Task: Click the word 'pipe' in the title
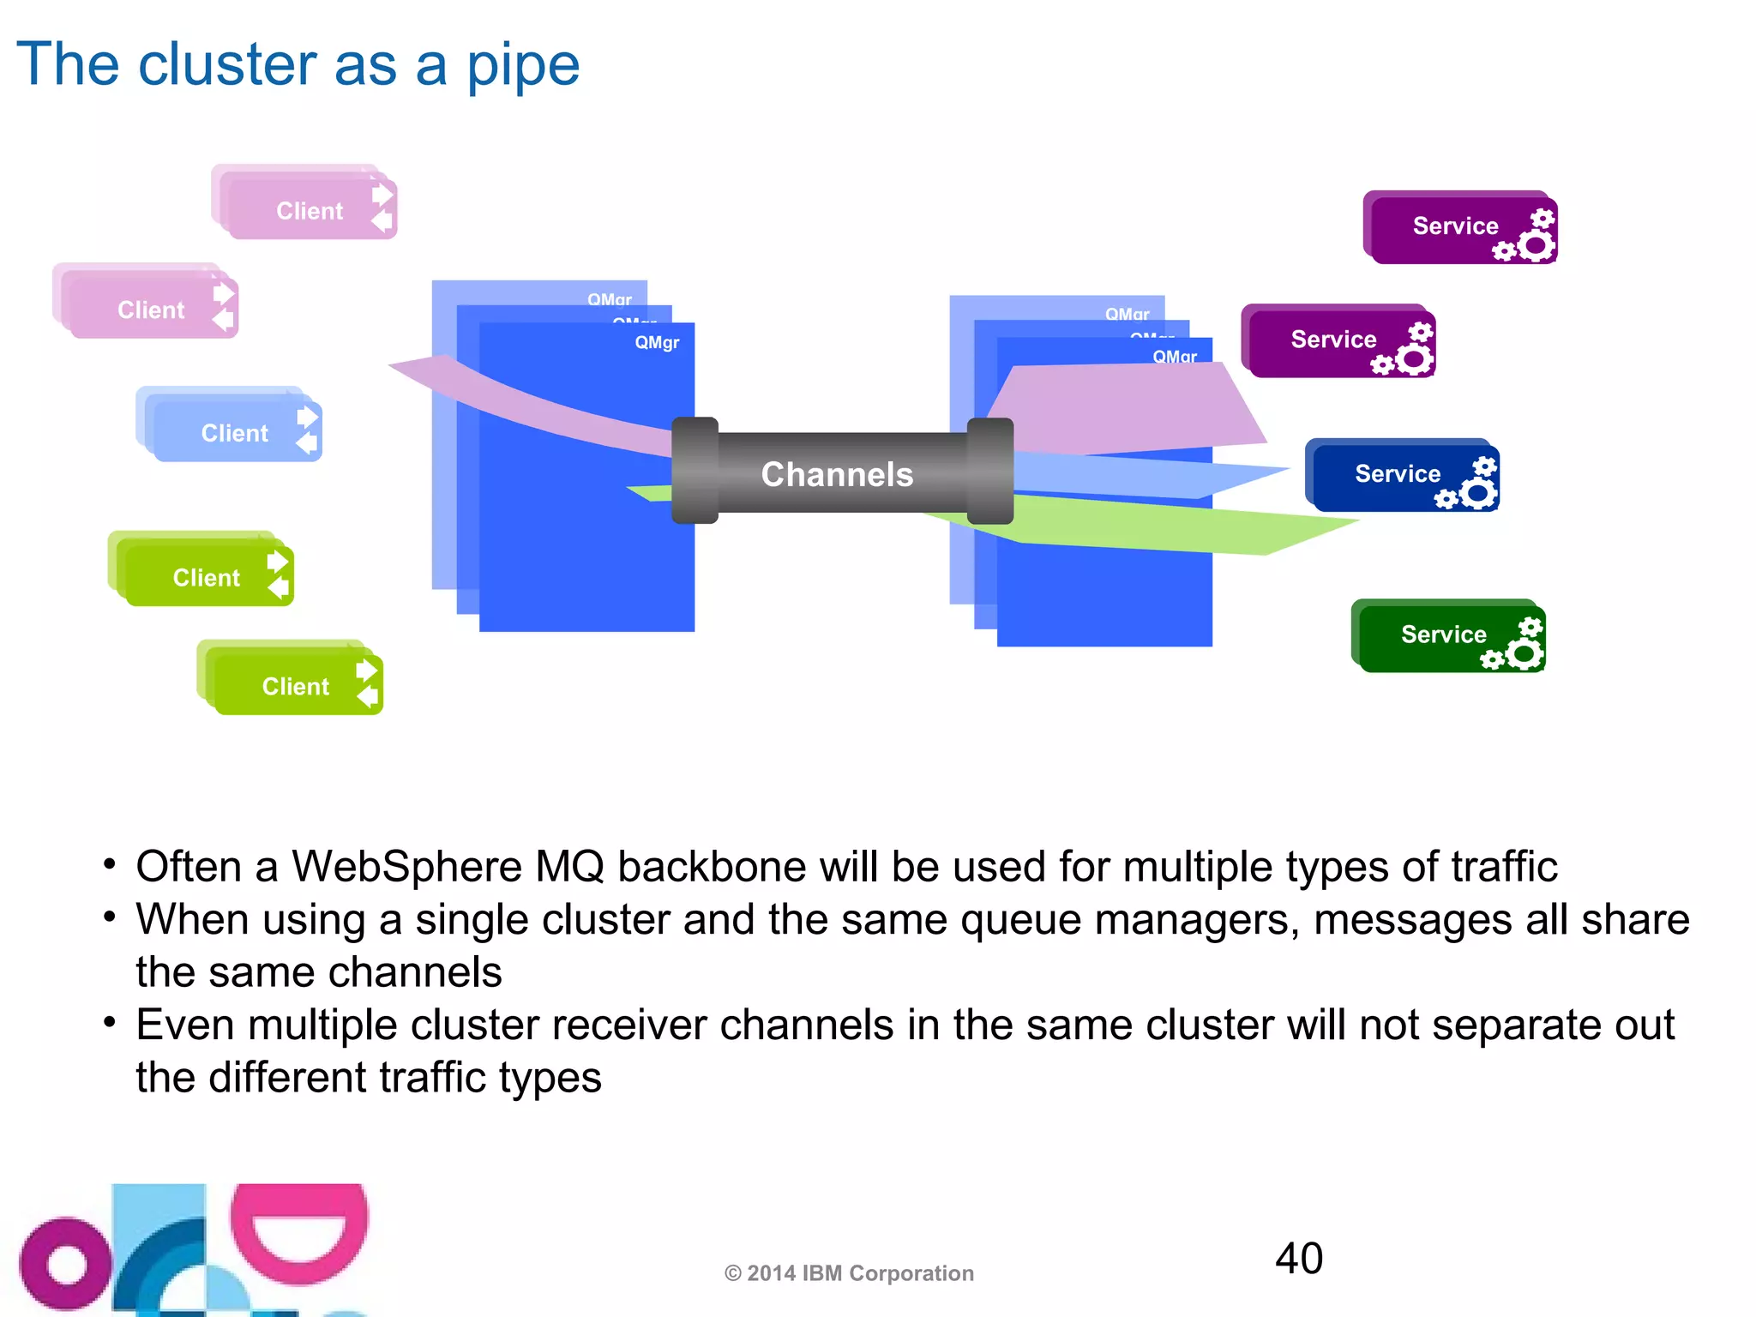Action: tap(522, 67)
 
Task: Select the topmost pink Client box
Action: tap(309, 210)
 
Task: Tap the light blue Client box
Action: tap(234, 432)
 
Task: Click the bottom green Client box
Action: tap(295, 685)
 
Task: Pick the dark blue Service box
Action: tap(1398, 473)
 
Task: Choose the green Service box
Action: tap(1444, 634)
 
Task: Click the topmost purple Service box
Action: tap(1455, 226)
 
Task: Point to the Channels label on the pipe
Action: tap(837, 474)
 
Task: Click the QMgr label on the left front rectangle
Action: tap(657, 342)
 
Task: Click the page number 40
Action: tap(1298, 1258)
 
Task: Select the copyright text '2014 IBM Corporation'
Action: tap(859, 1273)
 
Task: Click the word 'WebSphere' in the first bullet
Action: tap(406, 866)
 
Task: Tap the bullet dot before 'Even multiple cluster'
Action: tap(109, 1022)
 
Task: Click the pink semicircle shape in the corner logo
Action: tap(299, 1236)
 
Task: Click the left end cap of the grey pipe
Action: tap(695, 470)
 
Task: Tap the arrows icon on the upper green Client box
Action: tap(278, 574)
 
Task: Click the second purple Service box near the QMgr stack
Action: tap(1333, 340)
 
